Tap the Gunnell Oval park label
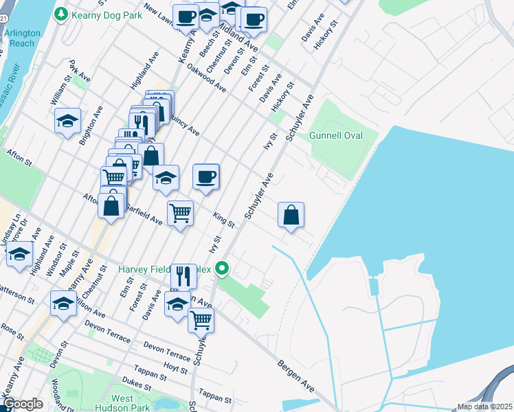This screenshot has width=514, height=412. pyautogui.click(x=336, y=135)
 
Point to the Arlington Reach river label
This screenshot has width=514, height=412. pyautogui.click(x=19, y=38)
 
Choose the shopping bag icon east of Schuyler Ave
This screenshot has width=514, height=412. pyautogui.click(x=291, y=215)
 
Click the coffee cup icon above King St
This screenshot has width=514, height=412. pyautogui.click(x=206, y=177)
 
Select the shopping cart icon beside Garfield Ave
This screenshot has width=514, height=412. pyautogui.click(x=180, y=213)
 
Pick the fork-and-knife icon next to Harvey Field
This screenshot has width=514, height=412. pyautogui.click(x=183, y=277)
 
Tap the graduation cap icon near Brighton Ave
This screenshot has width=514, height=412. pyautogui.click(x=68, y=122)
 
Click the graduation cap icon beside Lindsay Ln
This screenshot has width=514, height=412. pyautogui.click(x=20, y=254)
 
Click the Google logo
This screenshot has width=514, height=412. pyautogui.click(x=23, y=404)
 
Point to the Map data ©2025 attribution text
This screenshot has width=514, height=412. pyautogui.click(x=484, y=407)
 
